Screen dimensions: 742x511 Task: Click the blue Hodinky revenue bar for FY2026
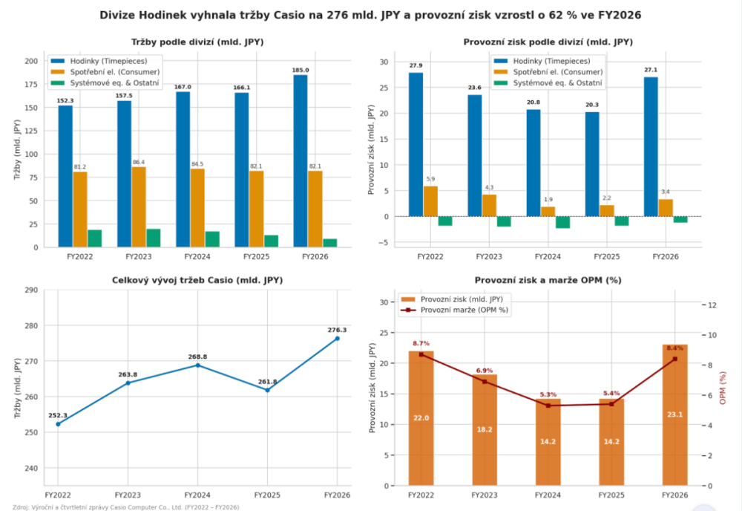point(300,161)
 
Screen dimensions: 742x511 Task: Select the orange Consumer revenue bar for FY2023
point(139,207)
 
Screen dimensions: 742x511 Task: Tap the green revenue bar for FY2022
point(95,238)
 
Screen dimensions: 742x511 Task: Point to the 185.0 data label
point(300,70)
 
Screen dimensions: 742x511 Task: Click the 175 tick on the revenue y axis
point(31,84)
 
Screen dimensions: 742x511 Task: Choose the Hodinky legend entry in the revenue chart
point(99,61)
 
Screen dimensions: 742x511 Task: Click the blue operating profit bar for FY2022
point(416,144)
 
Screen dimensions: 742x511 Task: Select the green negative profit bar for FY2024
point(562,222)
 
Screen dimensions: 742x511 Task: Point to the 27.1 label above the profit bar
point(651,70)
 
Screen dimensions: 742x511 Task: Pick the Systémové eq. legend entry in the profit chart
point(548,83)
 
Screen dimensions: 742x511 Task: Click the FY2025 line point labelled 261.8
point(267,390)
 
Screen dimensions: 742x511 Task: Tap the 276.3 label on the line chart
point(337,330)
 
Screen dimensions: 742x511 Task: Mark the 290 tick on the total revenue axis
point(31,290)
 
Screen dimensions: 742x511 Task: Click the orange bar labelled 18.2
point(485,430)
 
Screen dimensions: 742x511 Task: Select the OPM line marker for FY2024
point(548,406)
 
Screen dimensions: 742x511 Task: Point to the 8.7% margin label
point(421,343)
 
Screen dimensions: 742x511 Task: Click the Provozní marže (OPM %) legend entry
point(455,310)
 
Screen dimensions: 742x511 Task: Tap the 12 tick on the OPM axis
point(712,305)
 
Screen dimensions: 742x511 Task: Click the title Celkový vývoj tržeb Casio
point(197,280)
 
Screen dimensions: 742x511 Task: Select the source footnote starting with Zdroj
point(126,507)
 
